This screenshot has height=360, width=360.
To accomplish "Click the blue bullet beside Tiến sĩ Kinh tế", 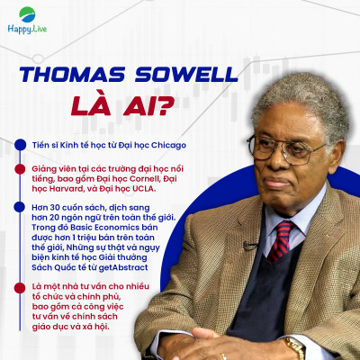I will coord(19,145).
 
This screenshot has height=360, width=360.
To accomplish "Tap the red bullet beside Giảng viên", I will coord(19,167).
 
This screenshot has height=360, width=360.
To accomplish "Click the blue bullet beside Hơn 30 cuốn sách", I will coord(19,207).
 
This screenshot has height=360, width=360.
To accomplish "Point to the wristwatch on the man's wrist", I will coord(293,346).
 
